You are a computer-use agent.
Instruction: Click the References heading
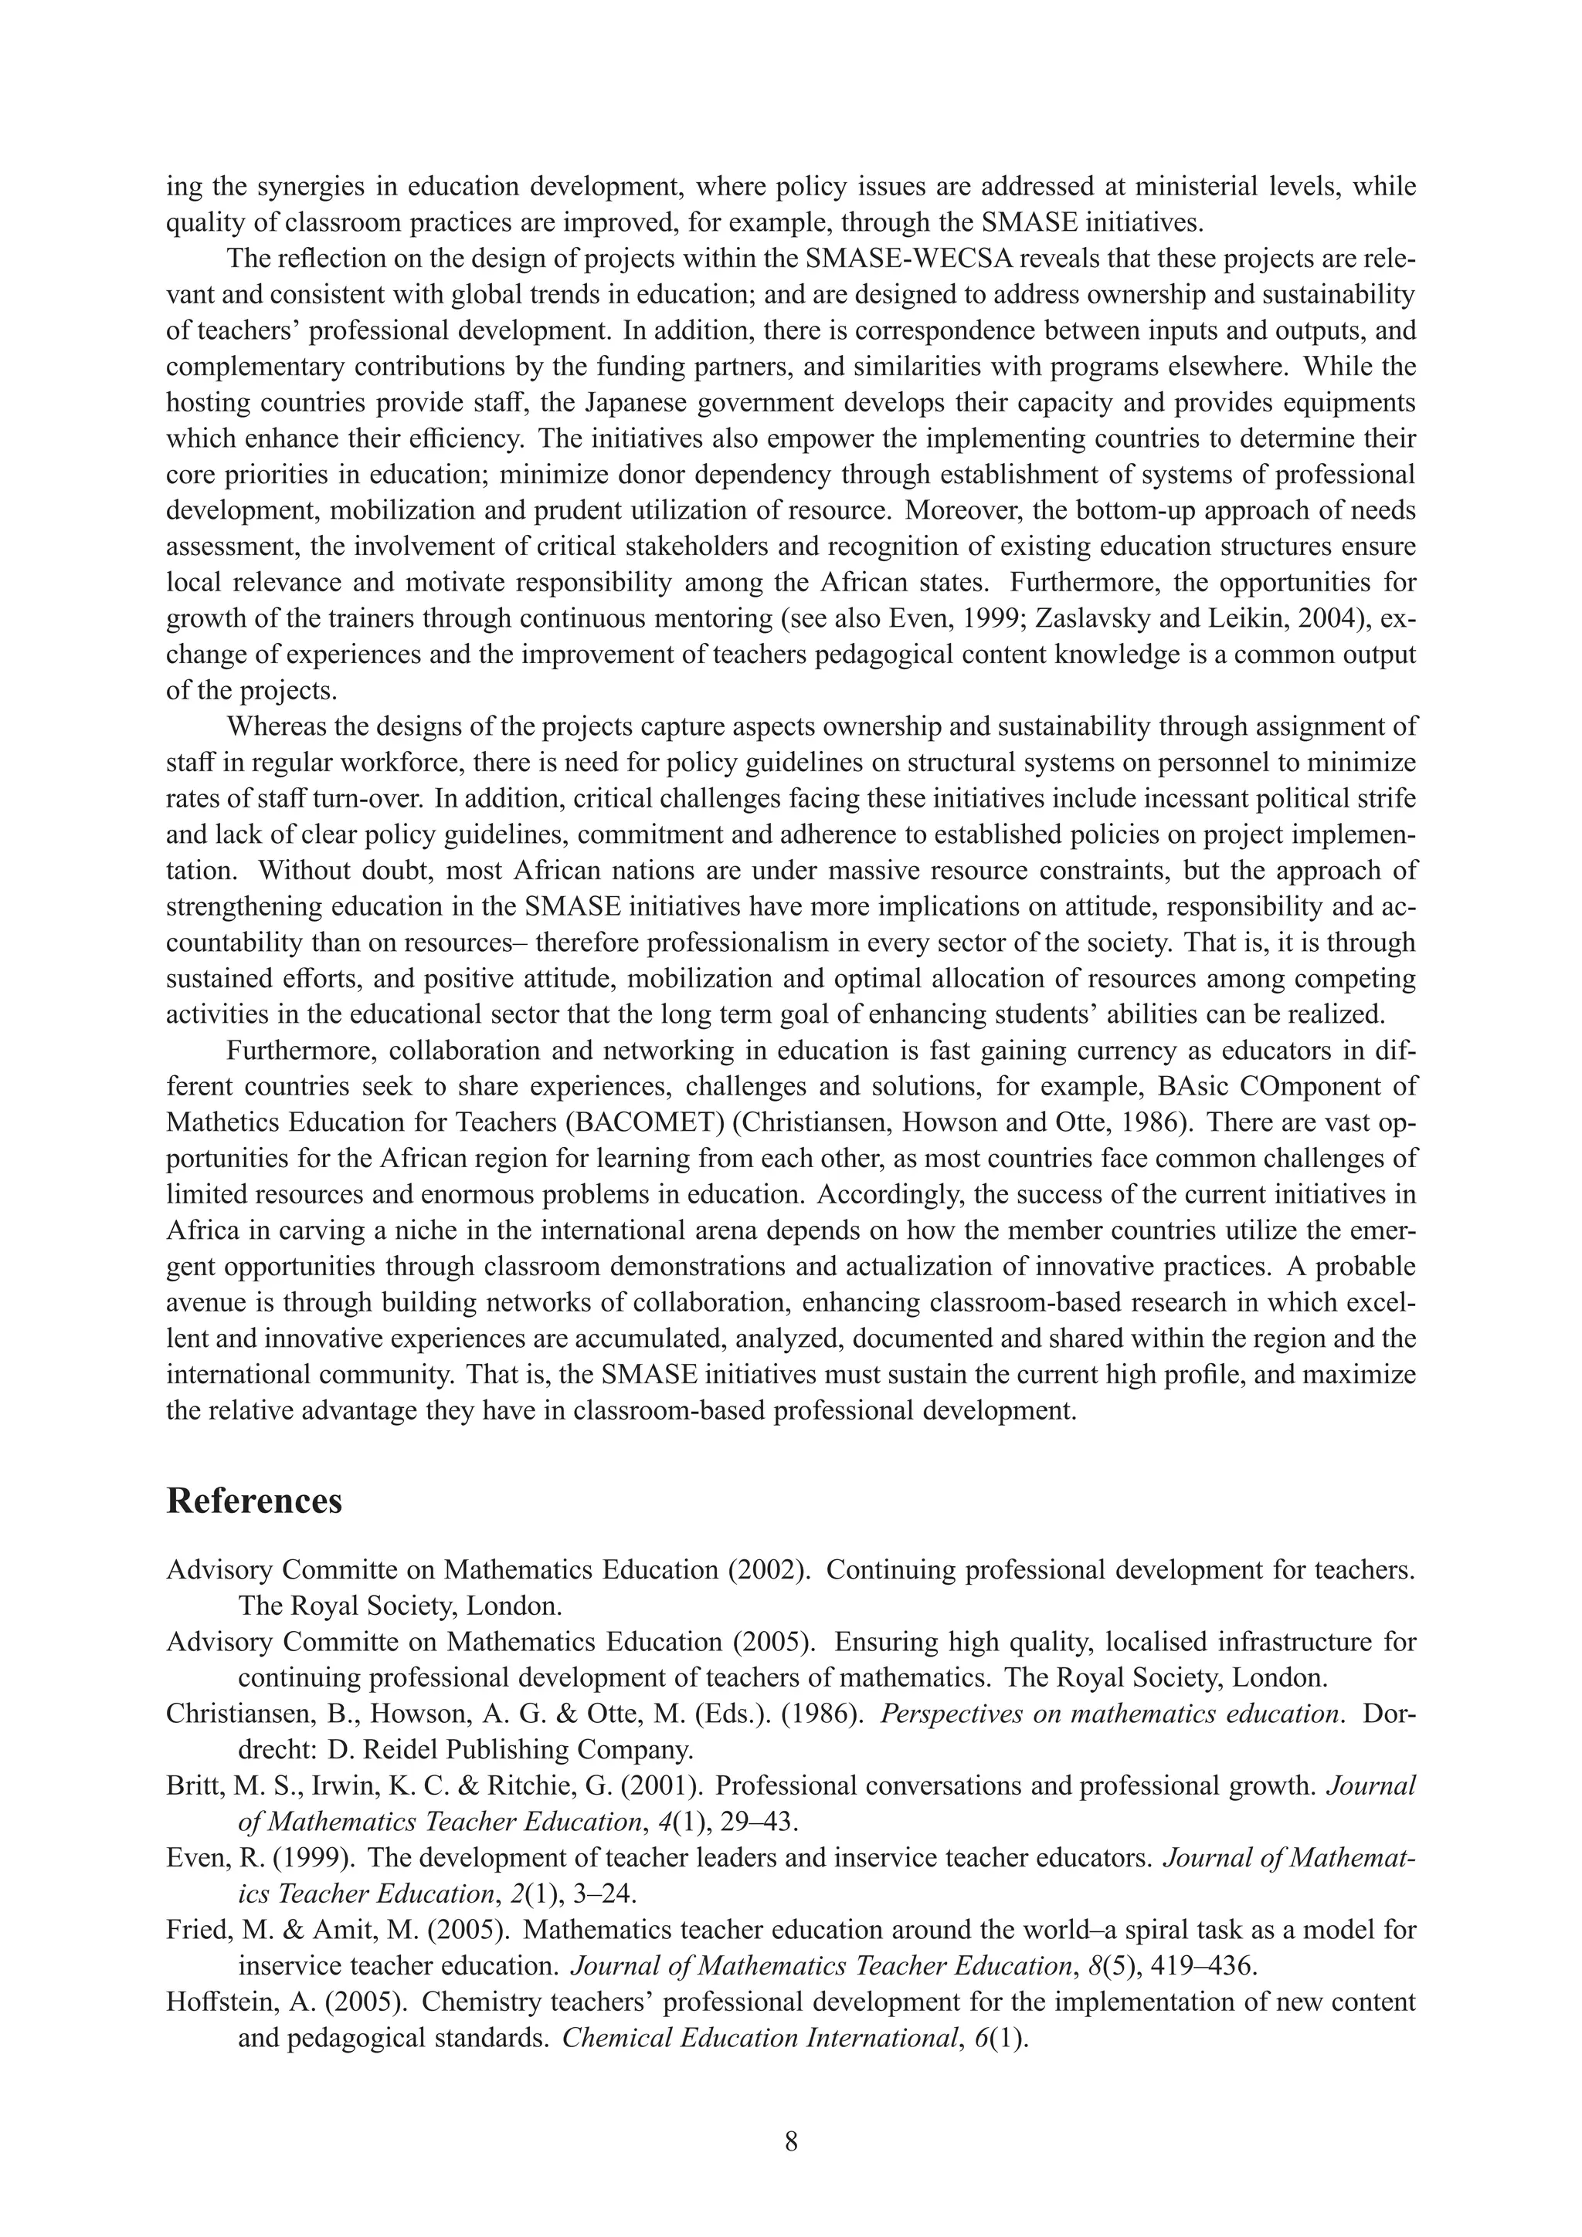point(254,1501)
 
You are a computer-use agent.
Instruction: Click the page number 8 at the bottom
point(790,2141)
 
